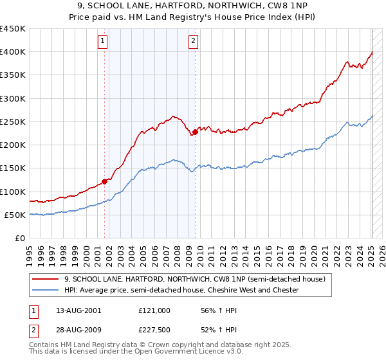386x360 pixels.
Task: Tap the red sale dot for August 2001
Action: (x=105, y=181)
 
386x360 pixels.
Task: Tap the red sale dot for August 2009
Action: (x=195, y=132)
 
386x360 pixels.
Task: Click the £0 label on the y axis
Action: (x=19, y=238)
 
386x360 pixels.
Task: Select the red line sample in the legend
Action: (x=44, y=279)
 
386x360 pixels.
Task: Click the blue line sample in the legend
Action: (x=44, y=290)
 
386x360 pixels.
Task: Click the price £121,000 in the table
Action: (x=154, y=310)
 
